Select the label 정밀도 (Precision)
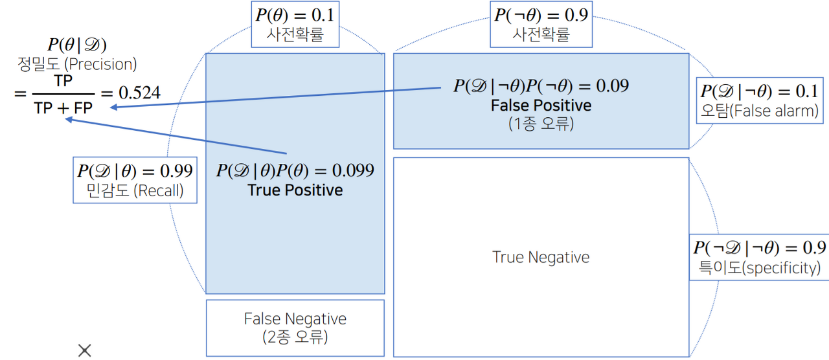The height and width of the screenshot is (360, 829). click(77, 64)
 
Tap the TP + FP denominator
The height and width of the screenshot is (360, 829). click(63, 109)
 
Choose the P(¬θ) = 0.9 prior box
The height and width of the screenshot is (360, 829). click(541, 23)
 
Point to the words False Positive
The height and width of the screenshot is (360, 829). click(541, 105)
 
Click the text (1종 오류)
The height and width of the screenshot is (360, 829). click(541, 123)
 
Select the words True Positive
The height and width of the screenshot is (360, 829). click(295, 190)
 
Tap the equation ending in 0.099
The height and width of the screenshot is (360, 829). click(295, 170)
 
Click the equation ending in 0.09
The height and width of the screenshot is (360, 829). click(541, 85)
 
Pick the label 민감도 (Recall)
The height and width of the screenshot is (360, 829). click(135, 191)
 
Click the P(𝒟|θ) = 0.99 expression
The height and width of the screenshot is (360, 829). click(135, 171)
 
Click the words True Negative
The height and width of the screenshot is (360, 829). click(541, 257)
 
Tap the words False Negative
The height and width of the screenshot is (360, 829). click(295, 319)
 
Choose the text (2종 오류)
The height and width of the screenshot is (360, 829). click(295, 337)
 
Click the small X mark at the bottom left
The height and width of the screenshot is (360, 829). click(84, 350)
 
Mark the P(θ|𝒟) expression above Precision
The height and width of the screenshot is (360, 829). click(77, 45)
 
